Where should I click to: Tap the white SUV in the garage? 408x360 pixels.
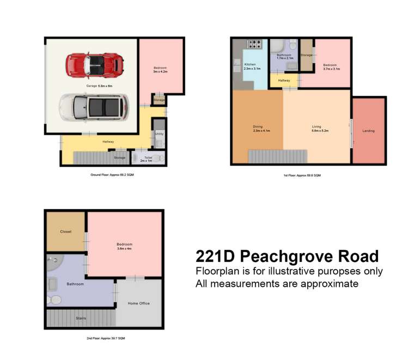[93, 106]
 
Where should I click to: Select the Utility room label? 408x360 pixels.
[159, 133]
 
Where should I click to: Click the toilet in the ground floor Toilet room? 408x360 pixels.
[157, 158]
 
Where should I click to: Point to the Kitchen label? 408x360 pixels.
[250, 65]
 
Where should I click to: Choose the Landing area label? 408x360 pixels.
[368, 131]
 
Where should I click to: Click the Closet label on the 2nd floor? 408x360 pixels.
[66, 231]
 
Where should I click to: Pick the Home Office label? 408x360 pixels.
[138, 303]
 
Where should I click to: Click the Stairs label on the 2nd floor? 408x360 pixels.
[81, 318]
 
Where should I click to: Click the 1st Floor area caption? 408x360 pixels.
[302, 175]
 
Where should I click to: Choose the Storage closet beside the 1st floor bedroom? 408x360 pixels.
[306, 55]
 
